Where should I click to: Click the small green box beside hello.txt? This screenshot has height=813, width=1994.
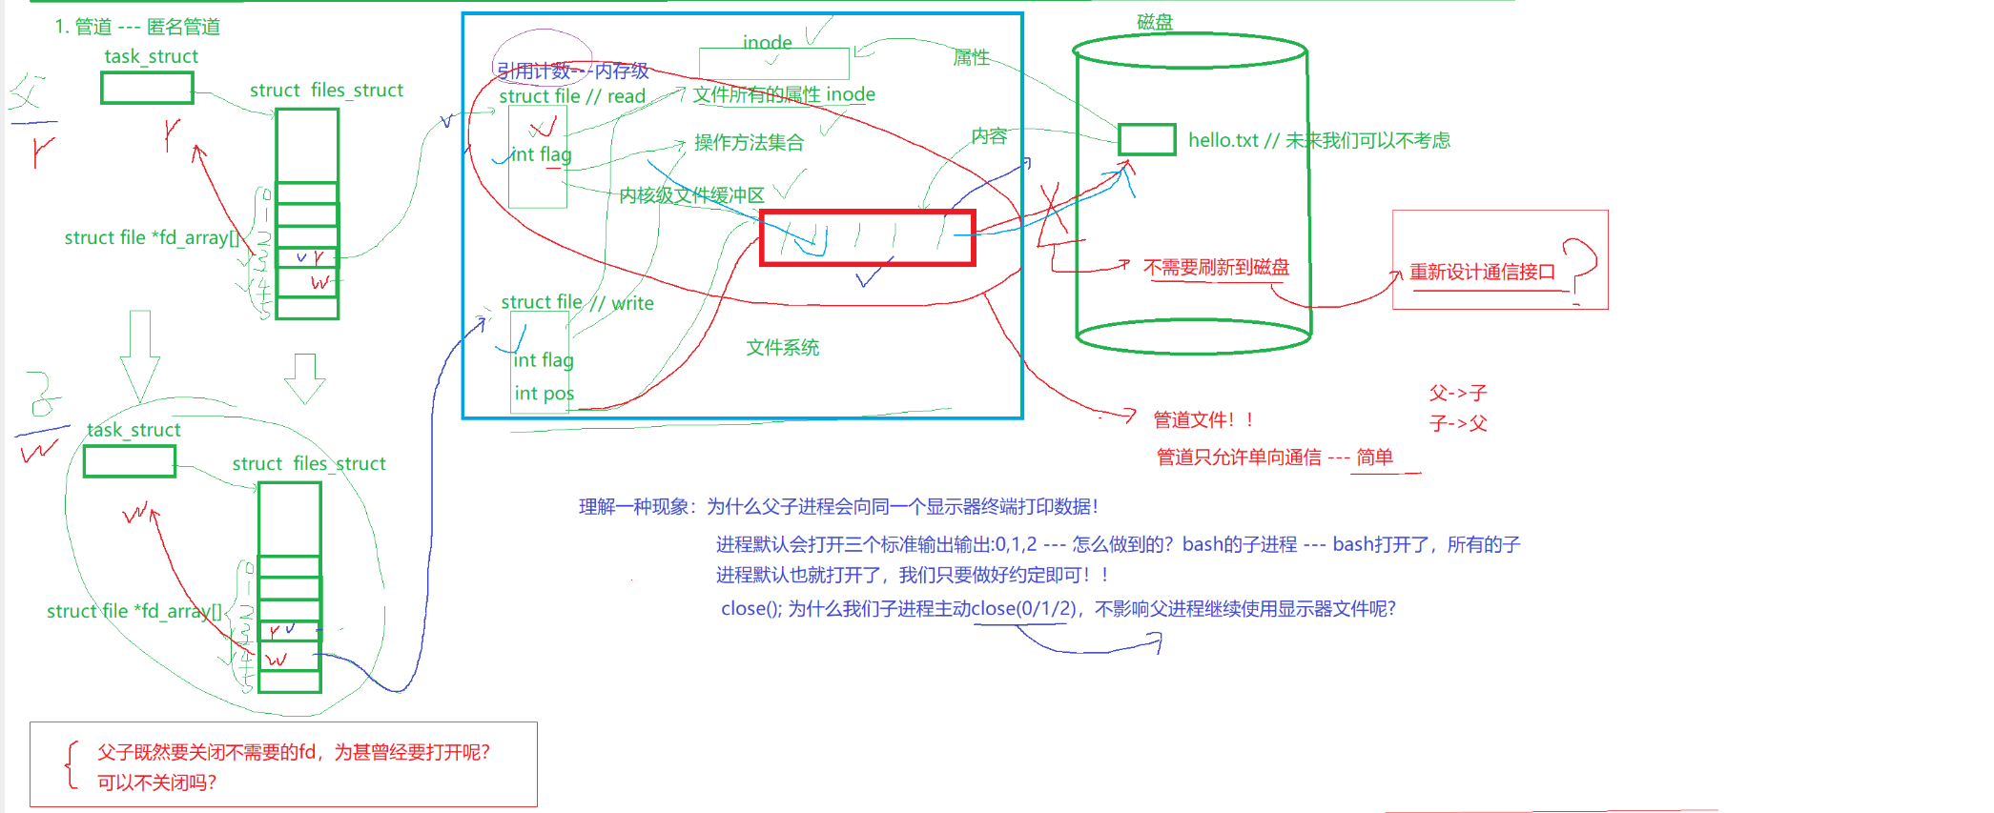[x=1146, y=139]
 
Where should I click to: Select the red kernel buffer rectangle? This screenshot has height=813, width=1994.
[x=867, y=237]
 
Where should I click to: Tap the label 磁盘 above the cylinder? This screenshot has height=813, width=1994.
[x=1155, y=22]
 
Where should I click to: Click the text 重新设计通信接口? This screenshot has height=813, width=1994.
[x=1482, y=272]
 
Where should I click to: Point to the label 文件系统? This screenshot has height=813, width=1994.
[x=782, y=348]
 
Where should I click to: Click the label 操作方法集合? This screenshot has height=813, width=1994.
[x=749, y=143]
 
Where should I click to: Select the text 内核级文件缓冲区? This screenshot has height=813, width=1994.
[x=691, y=195]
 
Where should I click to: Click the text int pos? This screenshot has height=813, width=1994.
[x=544, y=394]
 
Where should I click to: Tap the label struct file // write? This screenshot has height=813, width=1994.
[x=577, y=303]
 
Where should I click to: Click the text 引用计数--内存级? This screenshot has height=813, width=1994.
[x=572, y=71]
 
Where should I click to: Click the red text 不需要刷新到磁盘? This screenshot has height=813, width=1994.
[x=1216, y=267]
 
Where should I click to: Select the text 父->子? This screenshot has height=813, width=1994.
[x=1458, y=393]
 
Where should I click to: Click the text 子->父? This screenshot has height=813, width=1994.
[x=1458, y=423]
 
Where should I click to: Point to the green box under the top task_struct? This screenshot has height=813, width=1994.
[x=147, y=88]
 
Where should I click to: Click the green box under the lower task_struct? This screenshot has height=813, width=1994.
[x=130, y=461]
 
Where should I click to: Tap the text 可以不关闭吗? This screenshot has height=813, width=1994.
[x=156, y=783]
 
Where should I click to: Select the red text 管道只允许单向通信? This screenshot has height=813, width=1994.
[x=1239, y=457]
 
